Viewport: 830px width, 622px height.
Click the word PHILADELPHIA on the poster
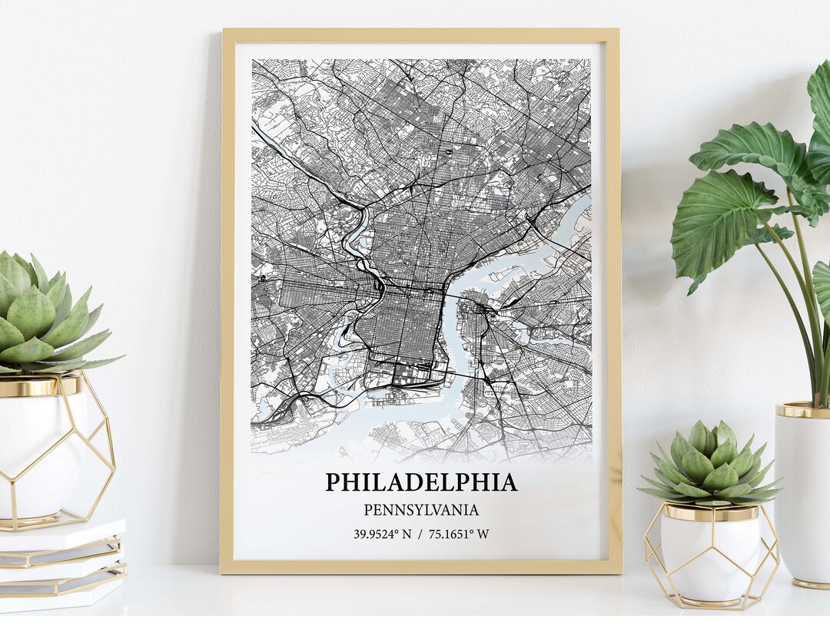click(420, 482)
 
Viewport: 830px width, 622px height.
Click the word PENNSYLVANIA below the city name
click(420, 510)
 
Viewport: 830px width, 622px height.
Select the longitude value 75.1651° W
click(456, 534)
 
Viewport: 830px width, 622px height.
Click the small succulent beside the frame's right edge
click(711, 465)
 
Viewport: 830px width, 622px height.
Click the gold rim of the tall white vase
click(803, 409)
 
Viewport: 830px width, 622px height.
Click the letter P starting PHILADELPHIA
click(333, 482)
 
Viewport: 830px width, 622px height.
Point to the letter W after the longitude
click(483, 534)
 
